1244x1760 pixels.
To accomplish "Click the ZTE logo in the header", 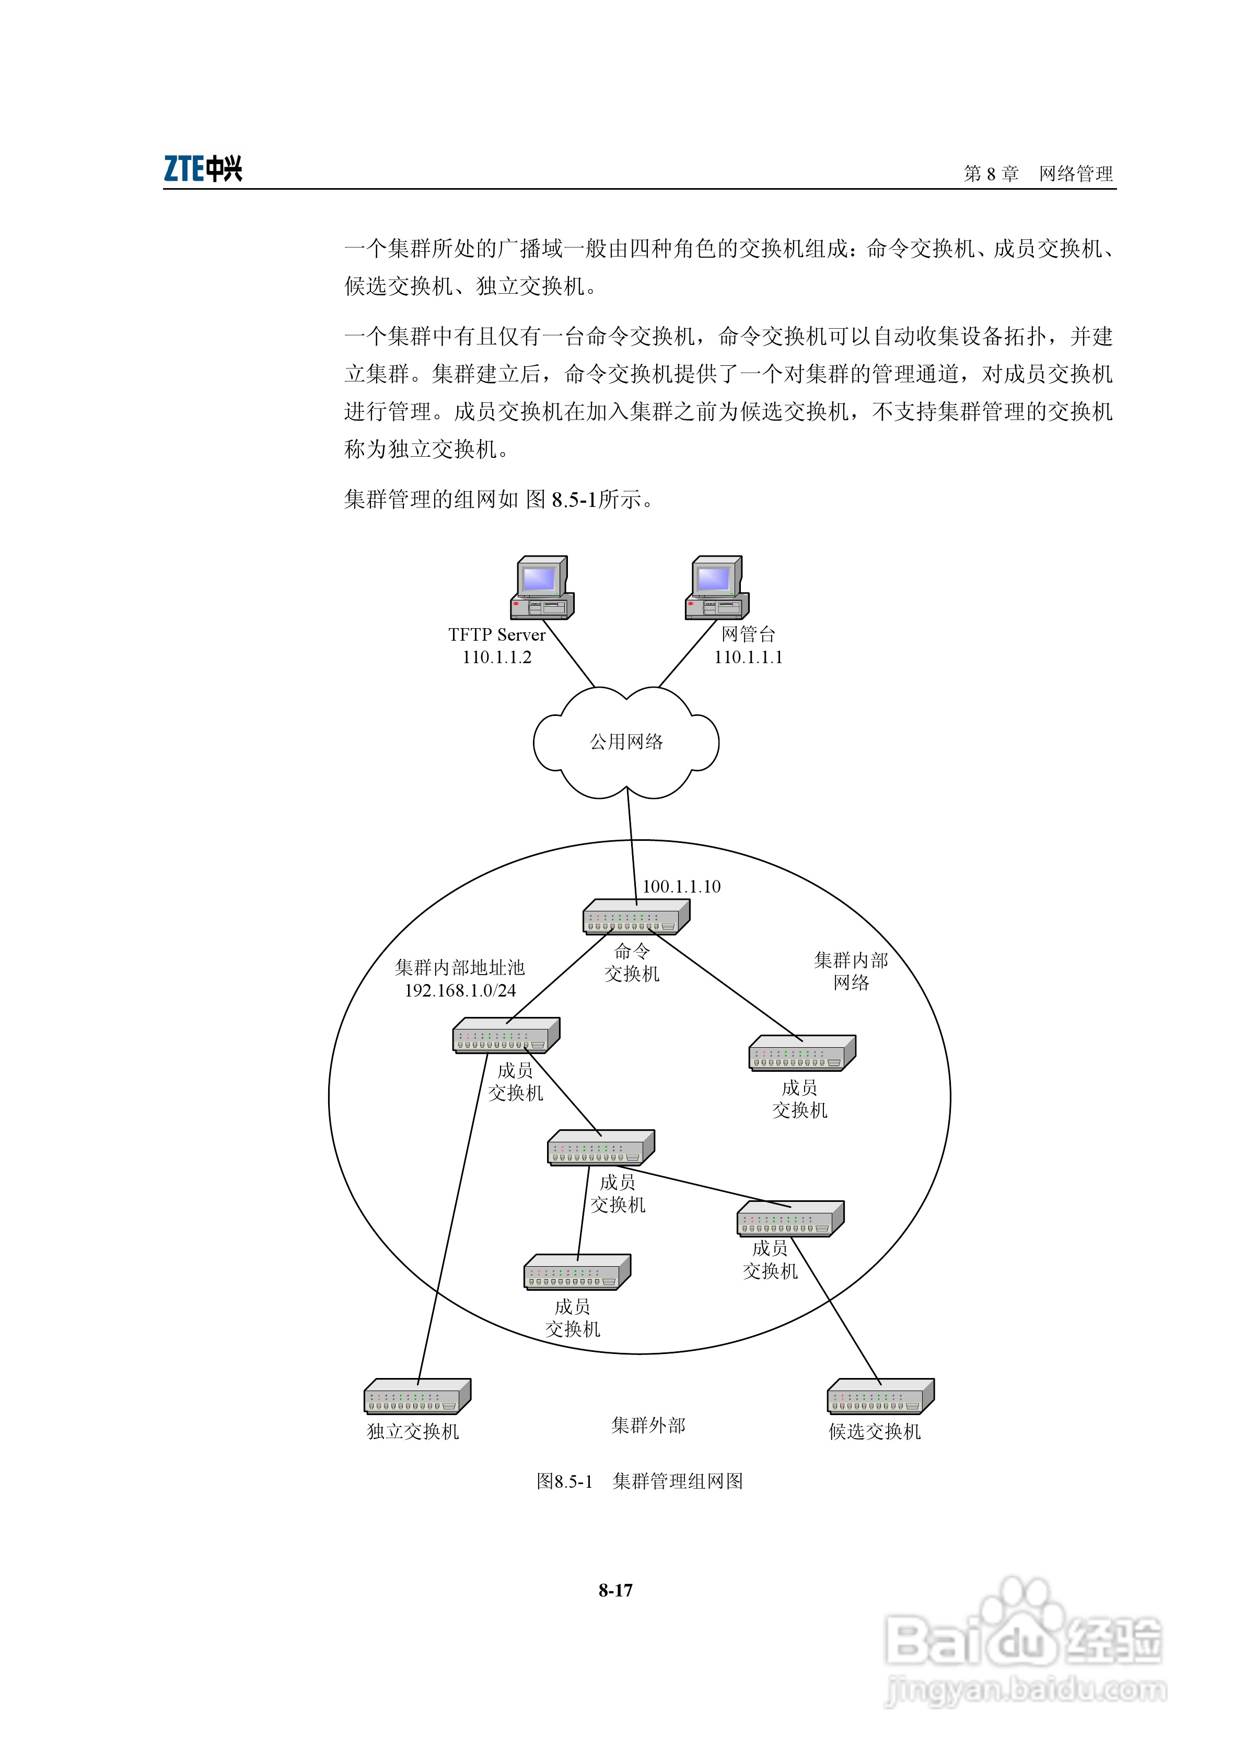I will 203,169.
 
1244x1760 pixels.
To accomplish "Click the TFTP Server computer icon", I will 542,588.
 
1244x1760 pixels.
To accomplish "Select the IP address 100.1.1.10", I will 681,887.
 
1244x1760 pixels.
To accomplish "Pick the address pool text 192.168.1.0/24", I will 460,990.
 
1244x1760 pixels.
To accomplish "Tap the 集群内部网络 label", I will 851,971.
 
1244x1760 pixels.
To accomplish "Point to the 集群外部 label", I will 648,1425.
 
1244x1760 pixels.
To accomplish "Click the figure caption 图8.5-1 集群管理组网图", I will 640,1481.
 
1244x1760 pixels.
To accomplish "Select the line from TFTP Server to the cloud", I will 569,654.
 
